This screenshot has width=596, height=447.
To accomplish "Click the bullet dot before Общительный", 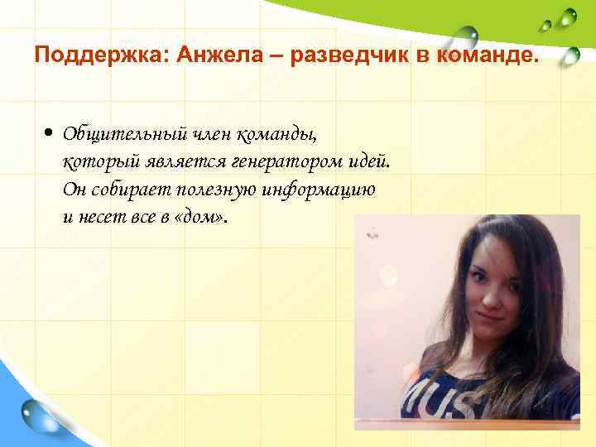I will click(50, 132).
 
